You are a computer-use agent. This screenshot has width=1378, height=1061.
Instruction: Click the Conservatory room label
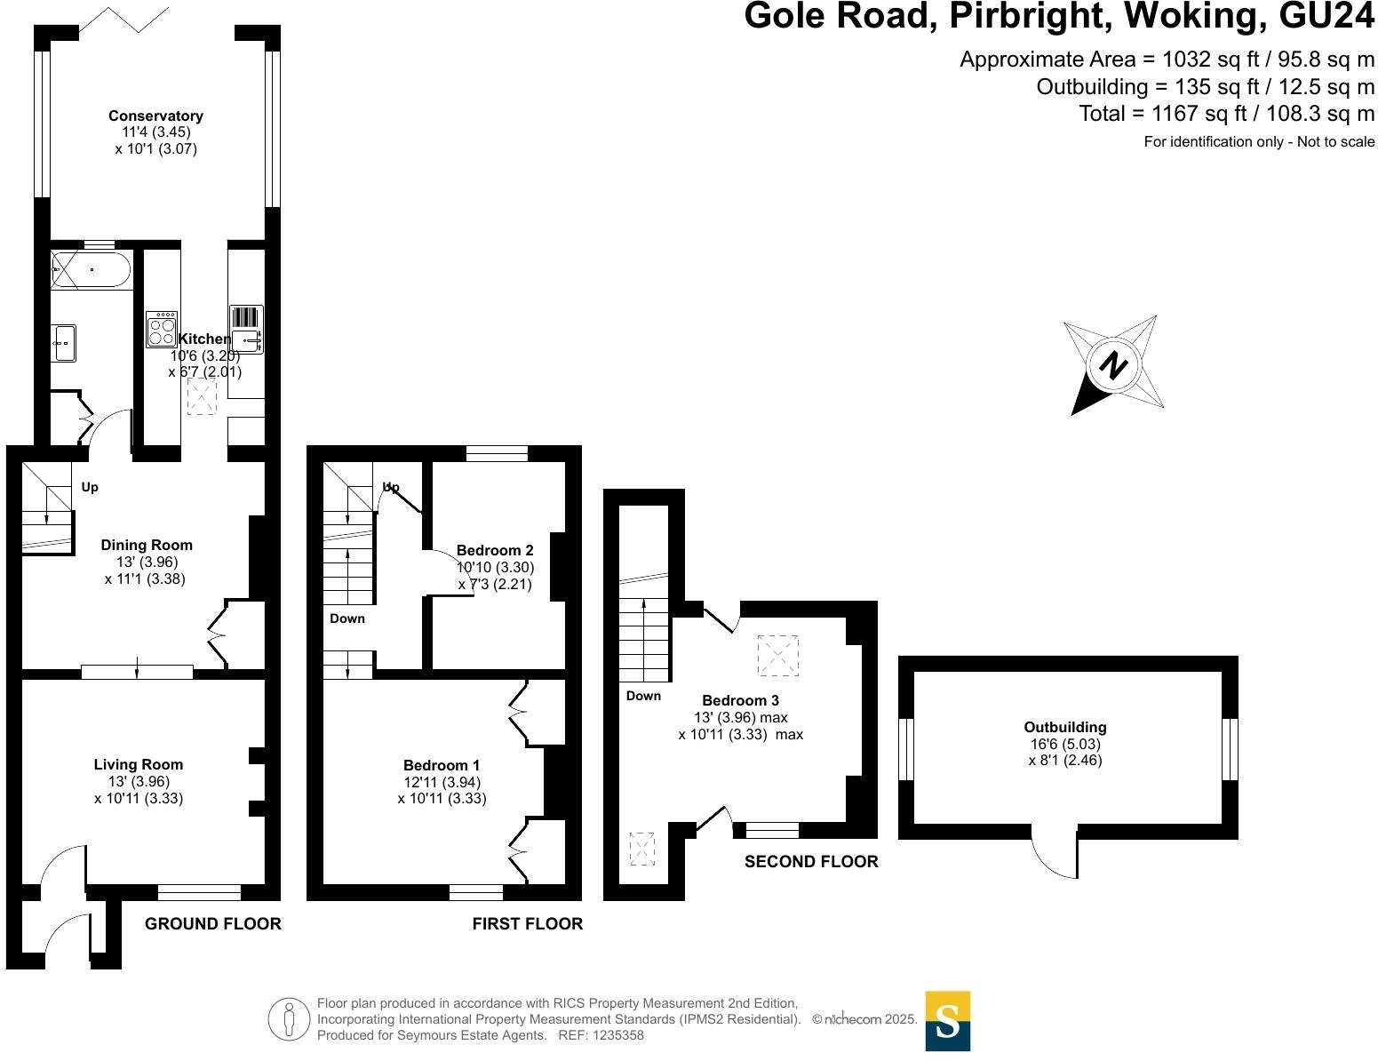(155, 116)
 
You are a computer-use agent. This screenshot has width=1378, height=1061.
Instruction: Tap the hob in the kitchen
(162, 328)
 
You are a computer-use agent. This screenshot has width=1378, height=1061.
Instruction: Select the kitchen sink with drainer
(246, 329)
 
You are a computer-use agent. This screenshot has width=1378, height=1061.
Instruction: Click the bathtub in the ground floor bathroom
(92, 269)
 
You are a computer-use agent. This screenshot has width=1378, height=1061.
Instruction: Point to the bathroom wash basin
(63, 342)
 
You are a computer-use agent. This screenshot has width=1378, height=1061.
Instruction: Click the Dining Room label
(147, 545)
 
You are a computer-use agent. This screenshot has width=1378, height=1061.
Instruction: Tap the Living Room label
(139, 764)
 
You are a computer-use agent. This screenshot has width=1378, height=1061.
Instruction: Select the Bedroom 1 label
(442, 765)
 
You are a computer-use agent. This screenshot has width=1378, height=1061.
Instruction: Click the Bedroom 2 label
(495, 550)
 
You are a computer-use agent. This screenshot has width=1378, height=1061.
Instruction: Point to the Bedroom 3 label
(740, 700)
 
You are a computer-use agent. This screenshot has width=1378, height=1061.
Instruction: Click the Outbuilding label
(1065, 727)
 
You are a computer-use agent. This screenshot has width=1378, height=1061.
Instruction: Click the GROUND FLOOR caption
(213, 924)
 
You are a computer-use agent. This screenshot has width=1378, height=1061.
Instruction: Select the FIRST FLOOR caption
(528, 924)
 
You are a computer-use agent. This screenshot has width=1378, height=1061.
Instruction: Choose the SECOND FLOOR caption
(811, 861)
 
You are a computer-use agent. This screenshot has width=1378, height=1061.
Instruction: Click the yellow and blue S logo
(948, 1021)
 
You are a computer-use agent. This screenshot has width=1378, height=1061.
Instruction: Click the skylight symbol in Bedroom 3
(777, 656)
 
